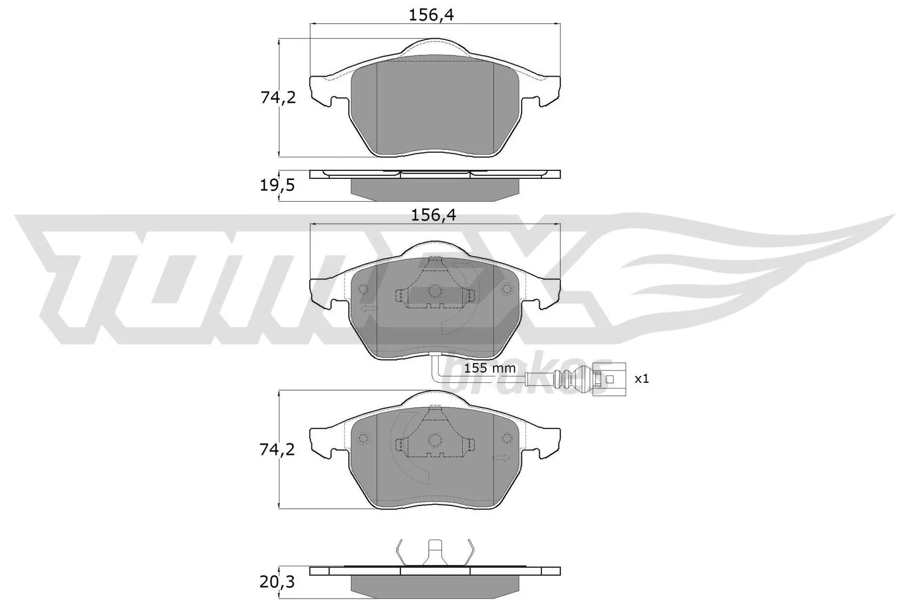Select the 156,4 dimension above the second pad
[433, 215]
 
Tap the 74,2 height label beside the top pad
[278, 98]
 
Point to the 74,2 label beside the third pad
[278, 450]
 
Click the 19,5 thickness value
[278, 185]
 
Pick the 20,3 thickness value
[278, 582]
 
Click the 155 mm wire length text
[490, 368]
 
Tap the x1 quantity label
[641, 378]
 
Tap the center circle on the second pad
[435, 291]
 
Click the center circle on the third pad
[435, 440]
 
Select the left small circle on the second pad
[364, 289]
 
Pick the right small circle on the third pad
[507, 438]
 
